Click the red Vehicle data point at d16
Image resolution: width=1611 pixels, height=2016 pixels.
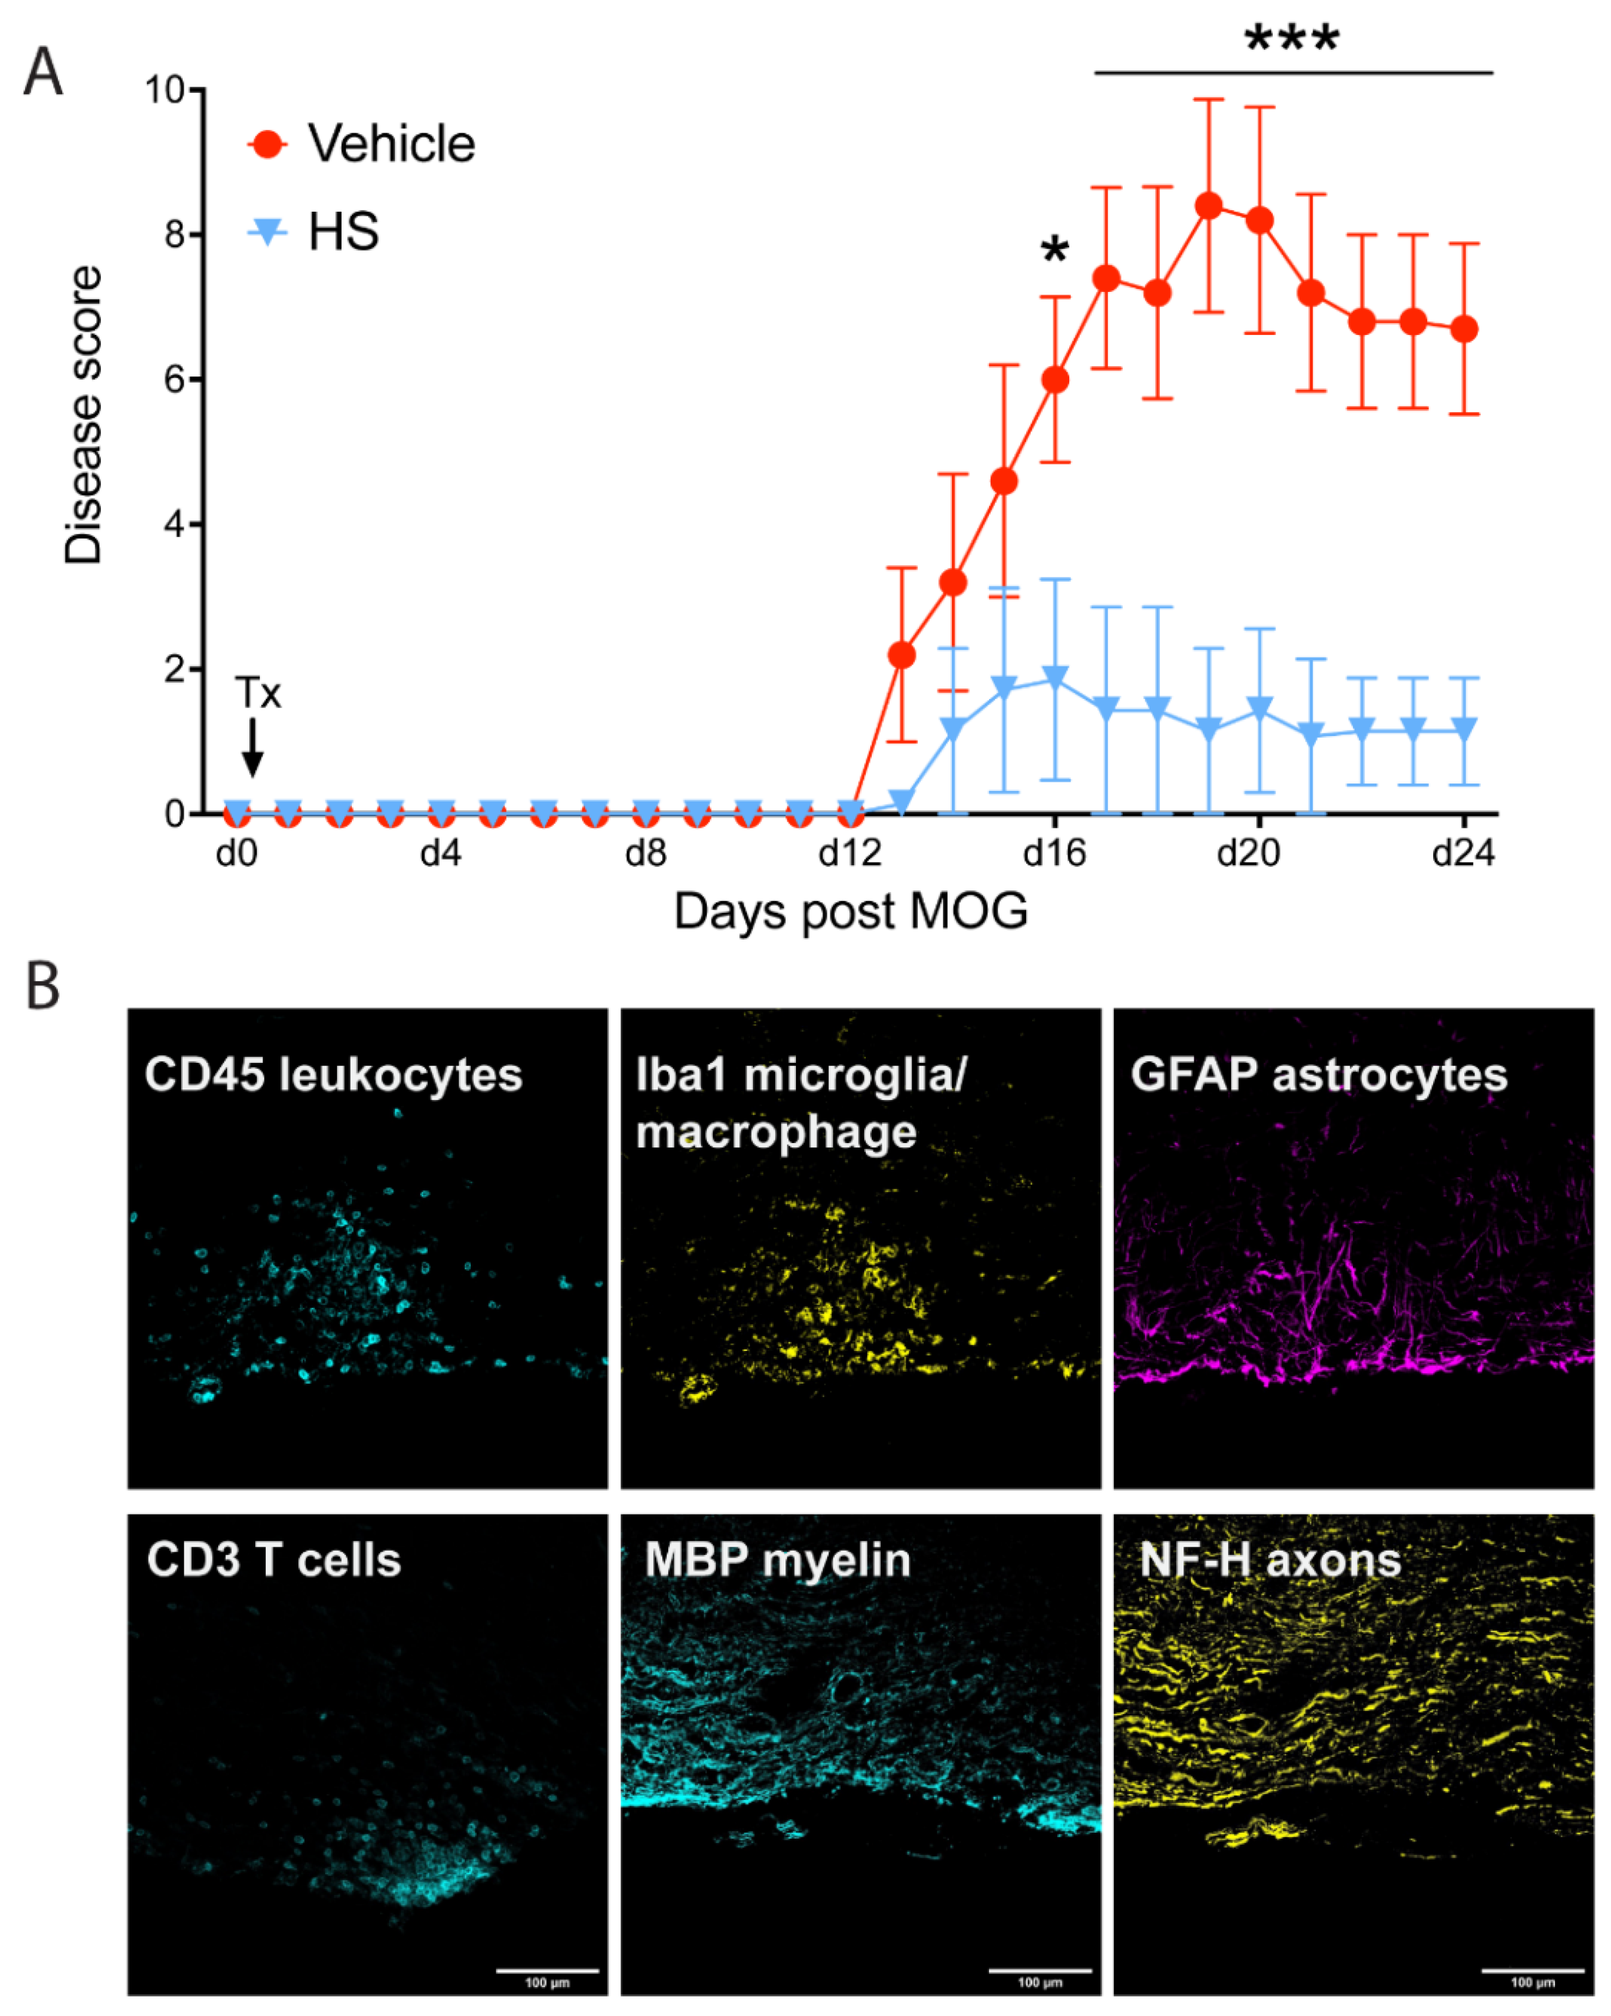tap(1055, 380)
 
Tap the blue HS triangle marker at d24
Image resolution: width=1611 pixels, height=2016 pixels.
tap(1464, 727)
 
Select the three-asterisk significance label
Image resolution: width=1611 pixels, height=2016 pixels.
tap(1292, 39)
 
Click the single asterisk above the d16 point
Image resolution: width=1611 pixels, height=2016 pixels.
tap(1055, 250)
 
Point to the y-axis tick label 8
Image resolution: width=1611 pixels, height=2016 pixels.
tap(174, 234)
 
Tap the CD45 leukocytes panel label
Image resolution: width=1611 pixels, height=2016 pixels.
tap(333, 1074)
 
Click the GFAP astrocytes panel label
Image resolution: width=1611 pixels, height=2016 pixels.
tap(1319, 1074)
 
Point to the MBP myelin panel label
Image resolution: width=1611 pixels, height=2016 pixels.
tap(777, 1560)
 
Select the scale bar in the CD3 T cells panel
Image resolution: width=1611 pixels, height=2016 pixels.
tap(547, 1971)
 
